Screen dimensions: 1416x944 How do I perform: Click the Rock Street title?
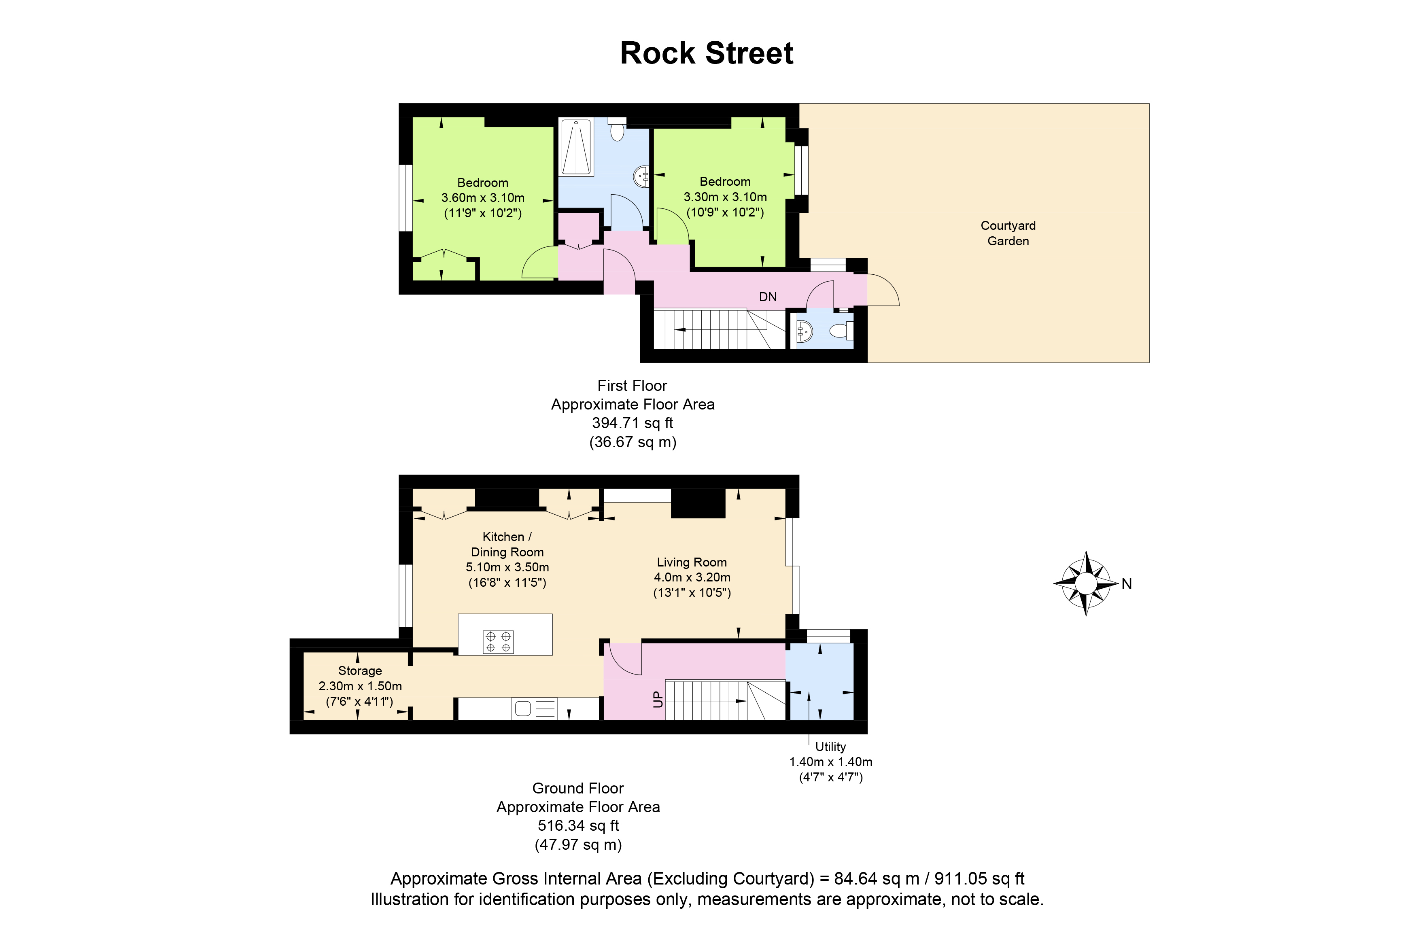707,53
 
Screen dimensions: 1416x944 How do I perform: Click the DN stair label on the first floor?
768,297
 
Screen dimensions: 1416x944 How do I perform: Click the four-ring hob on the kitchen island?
499,642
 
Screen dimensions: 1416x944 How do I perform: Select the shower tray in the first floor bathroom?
576,147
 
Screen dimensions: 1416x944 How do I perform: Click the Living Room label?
692,562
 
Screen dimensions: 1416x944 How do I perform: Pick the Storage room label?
360,671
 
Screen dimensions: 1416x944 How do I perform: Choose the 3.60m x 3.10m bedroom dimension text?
483,197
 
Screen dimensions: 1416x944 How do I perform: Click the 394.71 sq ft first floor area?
633,423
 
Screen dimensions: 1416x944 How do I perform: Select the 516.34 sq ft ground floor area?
579,825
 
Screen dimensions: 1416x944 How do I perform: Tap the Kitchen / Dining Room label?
507,544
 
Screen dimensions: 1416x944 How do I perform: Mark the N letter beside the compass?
1126,584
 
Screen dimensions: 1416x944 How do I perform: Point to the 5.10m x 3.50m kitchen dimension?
507,567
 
